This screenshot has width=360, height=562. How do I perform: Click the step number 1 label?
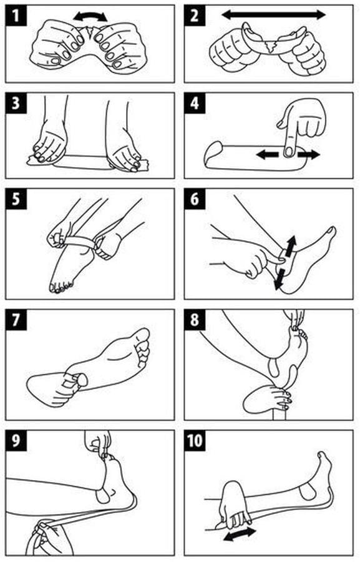pos(16,16)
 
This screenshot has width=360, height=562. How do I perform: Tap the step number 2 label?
pos(195,16)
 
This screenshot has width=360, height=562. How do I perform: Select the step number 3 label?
pos(16,103)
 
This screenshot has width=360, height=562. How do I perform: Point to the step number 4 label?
pos(195,103)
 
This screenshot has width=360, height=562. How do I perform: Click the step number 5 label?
pos(16,199)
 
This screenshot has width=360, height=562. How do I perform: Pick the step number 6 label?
pos(195,199)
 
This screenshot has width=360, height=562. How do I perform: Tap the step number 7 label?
pos(16,320)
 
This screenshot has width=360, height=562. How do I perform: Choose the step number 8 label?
pos(195,320)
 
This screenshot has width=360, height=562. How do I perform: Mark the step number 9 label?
pos(16,440)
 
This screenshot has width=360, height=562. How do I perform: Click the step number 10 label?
pos(195,440)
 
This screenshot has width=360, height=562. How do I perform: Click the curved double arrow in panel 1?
pos(90,14)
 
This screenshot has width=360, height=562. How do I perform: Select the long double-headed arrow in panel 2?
pos(273,15)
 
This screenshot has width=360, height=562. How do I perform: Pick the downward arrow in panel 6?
pos(279,279)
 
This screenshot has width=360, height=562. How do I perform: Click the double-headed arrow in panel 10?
pos(240,534)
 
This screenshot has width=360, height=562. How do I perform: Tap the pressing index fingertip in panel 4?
pos(288,151)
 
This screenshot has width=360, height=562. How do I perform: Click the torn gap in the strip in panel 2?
pos(271,46)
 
